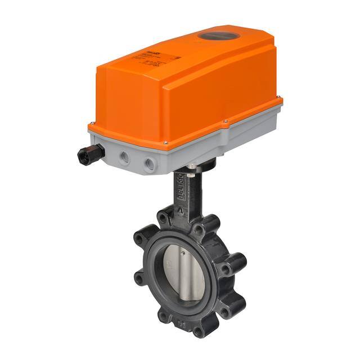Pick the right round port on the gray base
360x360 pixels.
(150, 164)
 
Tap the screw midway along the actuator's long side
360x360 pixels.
(225, 121)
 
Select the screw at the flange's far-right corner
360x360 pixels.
(280, 101)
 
